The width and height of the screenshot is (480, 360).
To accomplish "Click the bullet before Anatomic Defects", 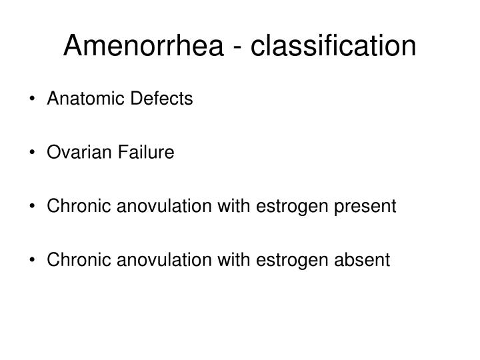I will tap(33, 100).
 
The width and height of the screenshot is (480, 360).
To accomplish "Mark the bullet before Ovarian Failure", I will tap(33, 153).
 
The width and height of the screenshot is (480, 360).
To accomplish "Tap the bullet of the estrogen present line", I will tap(33, 207).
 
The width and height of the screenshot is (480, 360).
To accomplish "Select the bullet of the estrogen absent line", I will tap(33, 261).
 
